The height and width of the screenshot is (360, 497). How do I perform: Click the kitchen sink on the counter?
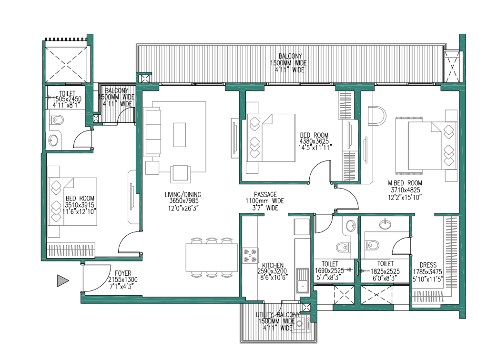pyautogui.click(x=302, y=281)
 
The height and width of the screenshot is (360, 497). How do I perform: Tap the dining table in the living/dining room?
pyautogui.click(x=212, y=258)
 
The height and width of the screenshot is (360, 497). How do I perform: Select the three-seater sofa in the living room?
pyautogui.click(x=152, y=130)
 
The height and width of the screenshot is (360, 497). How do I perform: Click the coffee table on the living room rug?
pyautogui.click(x=180, y=135)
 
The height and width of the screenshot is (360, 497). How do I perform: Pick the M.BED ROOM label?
pyautogui.click(x=405, y=183)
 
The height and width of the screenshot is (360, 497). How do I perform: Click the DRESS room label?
pyautogui.click(x=427, y=265)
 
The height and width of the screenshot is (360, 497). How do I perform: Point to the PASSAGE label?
pyautogui.click(x=265, y=194)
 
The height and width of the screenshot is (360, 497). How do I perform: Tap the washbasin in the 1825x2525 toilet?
pyautogui.click(x=385, y=224)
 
